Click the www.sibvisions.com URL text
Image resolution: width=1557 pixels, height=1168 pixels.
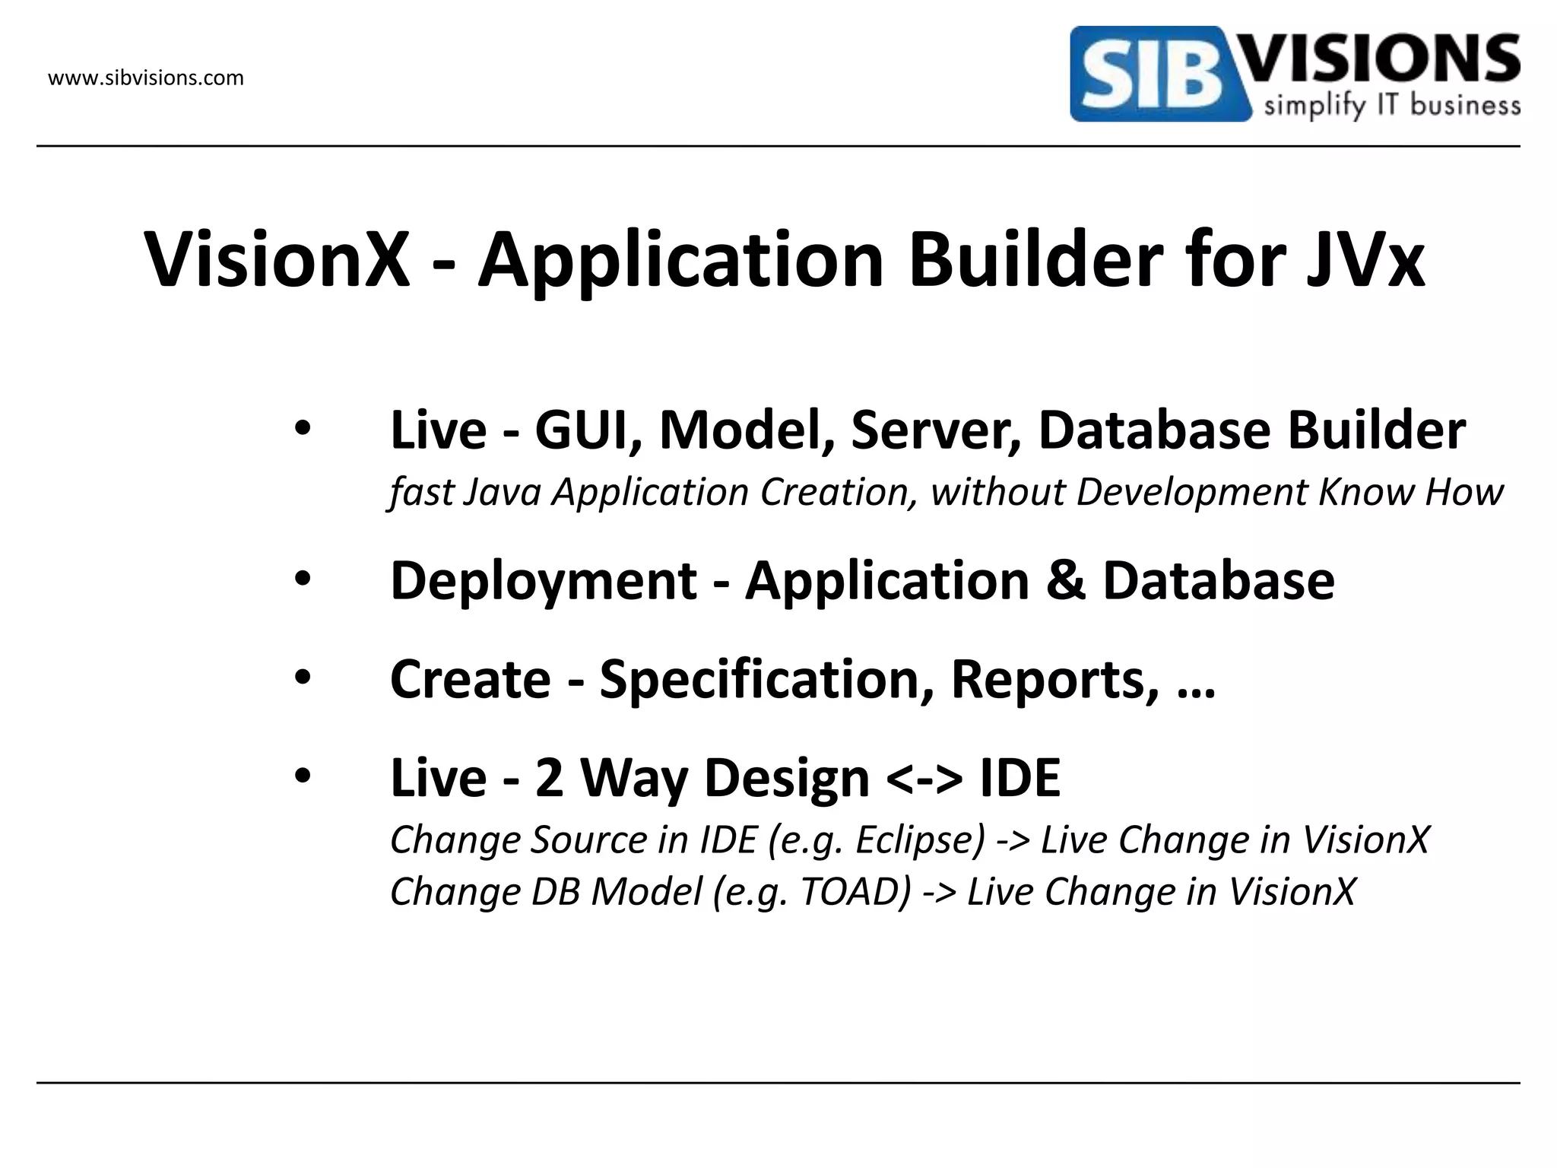pyautogui.click(x=146, y=78)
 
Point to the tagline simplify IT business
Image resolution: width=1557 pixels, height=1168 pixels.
pyautogui.click(x=1391, y=106)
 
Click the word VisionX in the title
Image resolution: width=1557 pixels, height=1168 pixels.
pyautogui.click(x=277, y=260)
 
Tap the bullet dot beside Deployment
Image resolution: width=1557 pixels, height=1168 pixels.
pyautogui.click(x=303, y=580)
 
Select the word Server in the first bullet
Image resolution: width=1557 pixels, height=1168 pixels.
pyautogui.click(x=936, y=430)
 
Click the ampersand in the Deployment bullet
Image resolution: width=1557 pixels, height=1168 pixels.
pyautogui.click(x=1065, y=581)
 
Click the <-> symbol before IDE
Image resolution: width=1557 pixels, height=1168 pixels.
pyautogui.click(x=924, y=779)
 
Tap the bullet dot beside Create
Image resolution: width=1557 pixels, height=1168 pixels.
pyautogui.click(x=303, y=678)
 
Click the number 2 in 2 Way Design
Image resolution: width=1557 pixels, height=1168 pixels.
pyautogui.click(x=549, y=779)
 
